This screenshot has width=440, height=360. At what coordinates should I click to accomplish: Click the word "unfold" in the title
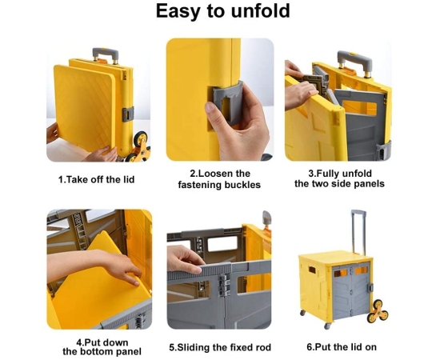point(261,11)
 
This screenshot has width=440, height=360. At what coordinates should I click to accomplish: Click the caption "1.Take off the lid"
point(96,179)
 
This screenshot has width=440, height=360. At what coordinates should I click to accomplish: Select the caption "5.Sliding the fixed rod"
point(220,347)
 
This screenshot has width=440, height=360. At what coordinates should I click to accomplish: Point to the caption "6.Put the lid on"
point(342,347)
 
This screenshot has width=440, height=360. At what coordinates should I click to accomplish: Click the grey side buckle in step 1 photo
point(128,114)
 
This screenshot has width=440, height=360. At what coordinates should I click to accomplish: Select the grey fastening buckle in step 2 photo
point(227,103)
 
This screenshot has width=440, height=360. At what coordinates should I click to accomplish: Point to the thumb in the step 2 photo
point(214,112)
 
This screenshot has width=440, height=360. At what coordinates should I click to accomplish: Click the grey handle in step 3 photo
point(354,62)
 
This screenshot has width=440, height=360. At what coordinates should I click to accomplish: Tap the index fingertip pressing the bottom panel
point(136,283)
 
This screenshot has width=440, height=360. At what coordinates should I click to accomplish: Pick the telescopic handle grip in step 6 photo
point(358,213)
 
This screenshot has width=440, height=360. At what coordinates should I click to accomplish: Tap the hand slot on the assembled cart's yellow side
point(312,270)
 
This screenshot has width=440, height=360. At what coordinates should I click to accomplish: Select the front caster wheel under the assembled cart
point(327,326)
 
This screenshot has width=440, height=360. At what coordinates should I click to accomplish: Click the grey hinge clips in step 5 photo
point(224,286)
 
